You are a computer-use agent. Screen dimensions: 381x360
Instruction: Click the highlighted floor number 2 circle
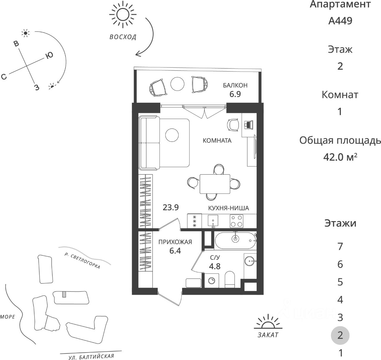(x=340, y=335)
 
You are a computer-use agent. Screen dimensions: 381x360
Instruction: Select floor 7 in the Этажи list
(x=340, y=246)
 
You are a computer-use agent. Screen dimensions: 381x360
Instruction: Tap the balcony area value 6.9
(x=235, y=94)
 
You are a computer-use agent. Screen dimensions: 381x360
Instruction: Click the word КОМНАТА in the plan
(x=217, y=141)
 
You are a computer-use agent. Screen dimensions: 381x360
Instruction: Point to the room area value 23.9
(x=171, y=207)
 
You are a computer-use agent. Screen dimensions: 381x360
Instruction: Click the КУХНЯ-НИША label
(x=229, y=208)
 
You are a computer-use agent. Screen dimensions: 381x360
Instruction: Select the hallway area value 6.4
(x=175, y=251)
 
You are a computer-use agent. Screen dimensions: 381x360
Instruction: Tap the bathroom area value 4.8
(x=215, y=266)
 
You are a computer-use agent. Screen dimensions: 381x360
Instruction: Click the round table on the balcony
(x=178, y=84)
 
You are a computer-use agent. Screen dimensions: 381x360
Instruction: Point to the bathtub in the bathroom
(x=235, y=241)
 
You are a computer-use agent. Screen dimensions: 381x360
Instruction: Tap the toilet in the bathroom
(x=229, y=279)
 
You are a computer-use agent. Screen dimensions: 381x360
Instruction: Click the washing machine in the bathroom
(x=212, y=281)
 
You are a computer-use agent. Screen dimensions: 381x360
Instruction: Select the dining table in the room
(x=215, y=184)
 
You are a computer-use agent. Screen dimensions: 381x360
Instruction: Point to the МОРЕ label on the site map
(x=8, y=317)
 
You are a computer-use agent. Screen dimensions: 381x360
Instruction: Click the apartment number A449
(x=340, y=21)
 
